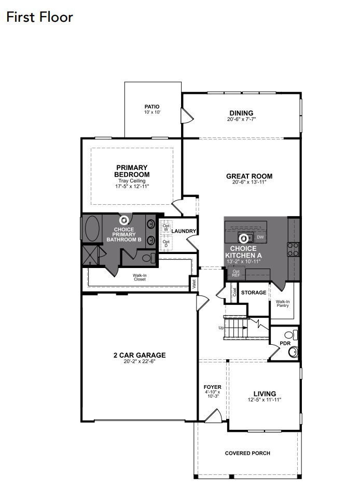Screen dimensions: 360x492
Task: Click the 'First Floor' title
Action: coord(39,17)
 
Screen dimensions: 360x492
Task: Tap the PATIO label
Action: coord(152,107)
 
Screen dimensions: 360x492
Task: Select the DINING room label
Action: coord(241,113)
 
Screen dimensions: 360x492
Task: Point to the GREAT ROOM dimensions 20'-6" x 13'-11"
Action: coord(249,182)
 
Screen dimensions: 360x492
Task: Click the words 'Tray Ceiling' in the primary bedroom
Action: coord(132,181)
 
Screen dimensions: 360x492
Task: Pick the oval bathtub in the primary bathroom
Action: coord(92,228)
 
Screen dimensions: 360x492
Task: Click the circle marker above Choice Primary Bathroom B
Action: coord(124,220)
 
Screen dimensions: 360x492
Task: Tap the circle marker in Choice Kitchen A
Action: coord(243,239)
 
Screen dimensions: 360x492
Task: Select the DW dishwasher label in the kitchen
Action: coord(260,237)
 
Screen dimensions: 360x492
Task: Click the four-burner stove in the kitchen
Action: coord(293,249)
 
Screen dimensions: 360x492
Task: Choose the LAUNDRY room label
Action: coord(184,231)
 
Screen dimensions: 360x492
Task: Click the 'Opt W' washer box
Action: coord(166,228)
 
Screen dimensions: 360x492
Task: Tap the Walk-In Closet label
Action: coord(140,277)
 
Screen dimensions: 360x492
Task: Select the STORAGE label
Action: coord(254,292)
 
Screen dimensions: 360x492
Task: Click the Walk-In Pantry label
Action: coord(283,303)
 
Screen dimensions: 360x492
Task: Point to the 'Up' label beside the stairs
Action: coord(221,328)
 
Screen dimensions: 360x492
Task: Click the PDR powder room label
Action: coord(285,344)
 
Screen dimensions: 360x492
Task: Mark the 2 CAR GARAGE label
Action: coord(140,355)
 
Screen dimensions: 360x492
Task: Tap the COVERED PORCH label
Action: coord(247,453)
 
